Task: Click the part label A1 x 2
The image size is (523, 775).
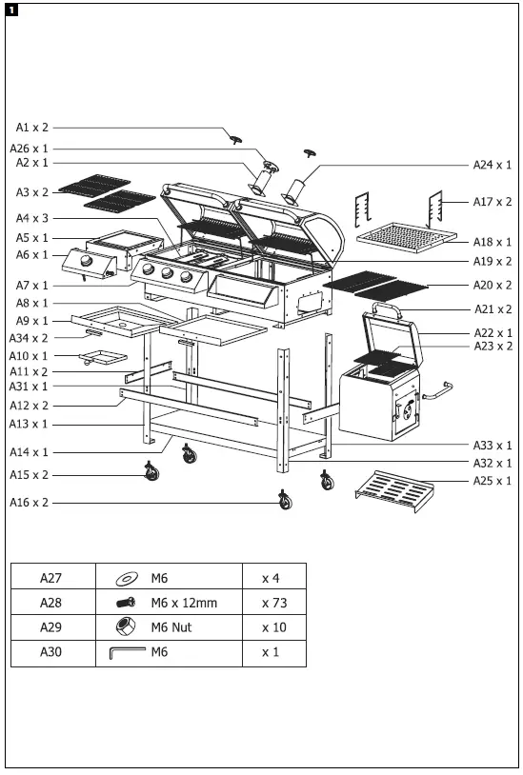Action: click(x=31, y=127)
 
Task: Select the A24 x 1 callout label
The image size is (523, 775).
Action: click(x=492, y=165)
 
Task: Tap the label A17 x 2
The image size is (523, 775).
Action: click(x=493, y=202)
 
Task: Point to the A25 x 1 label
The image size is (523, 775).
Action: click(x=492, y=481)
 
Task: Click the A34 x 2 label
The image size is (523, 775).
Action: click(x=31, y=337)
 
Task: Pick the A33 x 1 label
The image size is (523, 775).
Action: click(x=492, y=445)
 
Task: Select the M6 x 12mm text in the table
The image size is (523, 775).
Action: click(x=184, y=603)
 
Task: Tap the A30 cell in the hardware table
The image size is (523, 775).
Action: click(x=51, y=653)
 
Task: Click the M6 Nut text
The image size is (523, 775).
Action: click(x=171, y=627)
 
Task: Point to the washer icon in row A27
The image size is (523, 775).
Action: click(x=127, y=578)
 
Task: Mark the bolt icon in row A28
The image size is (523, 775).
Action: click(x=127, y=603)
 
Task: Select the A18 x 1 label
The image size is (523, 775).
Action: click(x=493, y=243)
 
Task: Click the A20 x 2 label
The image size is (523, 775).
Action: click(x=493, y=285)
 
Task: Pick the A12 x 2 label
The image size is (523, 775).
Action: click(x=31, y=405)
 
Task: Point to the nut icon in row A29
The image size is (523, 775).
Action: click(x=127, y=627)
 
